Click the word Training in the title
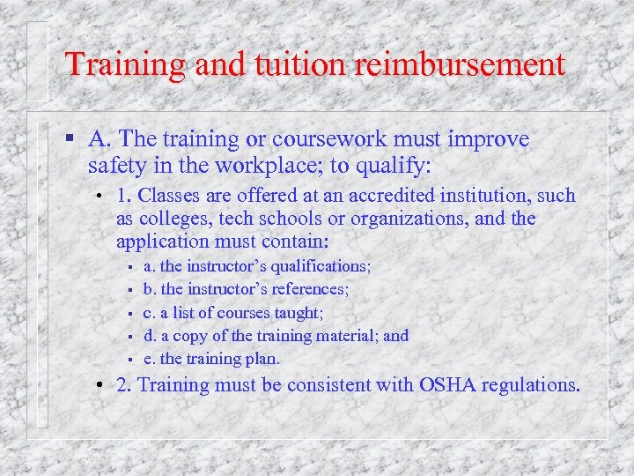125,65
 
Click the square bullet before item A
70,139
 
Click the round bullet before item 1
101,196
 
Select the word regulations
532,385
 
